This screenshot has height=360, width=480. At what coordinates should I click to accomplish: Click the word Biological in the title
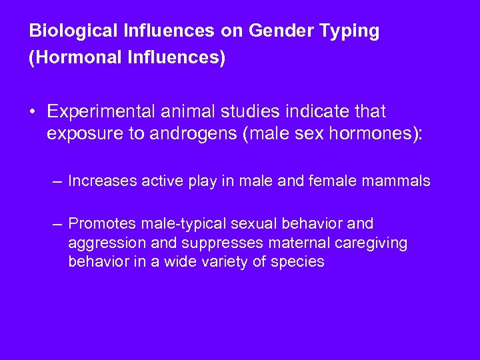tap(63, 31)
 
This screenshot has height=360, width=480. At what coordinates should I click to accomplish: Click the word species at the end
tap(298, 261)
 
